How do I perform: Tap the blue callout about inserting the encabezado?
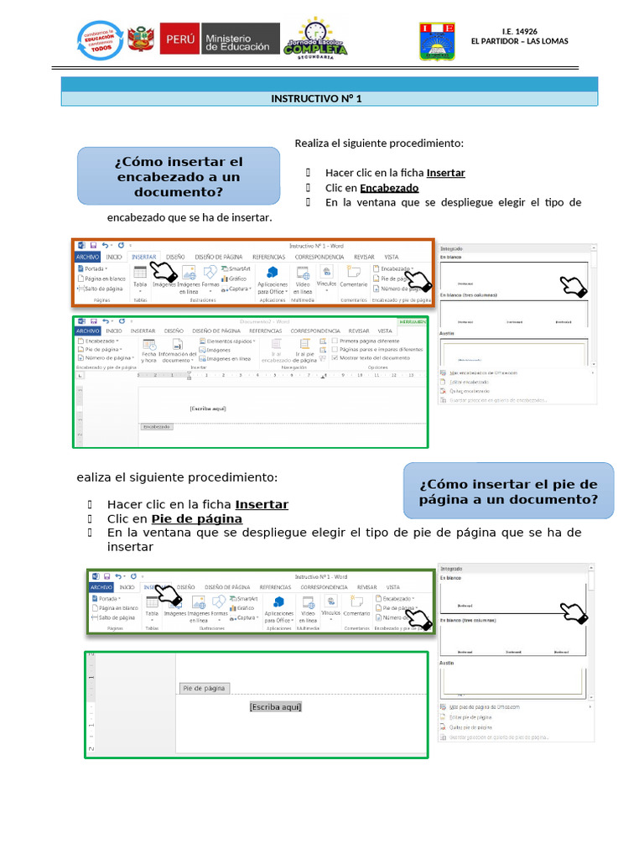179,176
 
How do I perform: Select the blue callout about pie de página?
508,492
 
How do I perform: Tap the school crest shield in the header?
437,41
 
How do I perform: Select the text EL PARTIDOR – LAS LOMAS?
519,42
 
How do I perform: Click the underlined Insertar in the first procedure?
445,173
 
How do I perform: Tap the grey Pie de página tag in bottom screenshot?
204,688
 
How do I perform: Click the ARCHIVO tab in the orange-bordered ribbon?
88,257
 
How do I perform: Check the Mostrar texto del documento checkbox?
335,357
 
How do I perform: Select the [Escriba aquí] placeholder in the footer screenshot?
275,707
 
